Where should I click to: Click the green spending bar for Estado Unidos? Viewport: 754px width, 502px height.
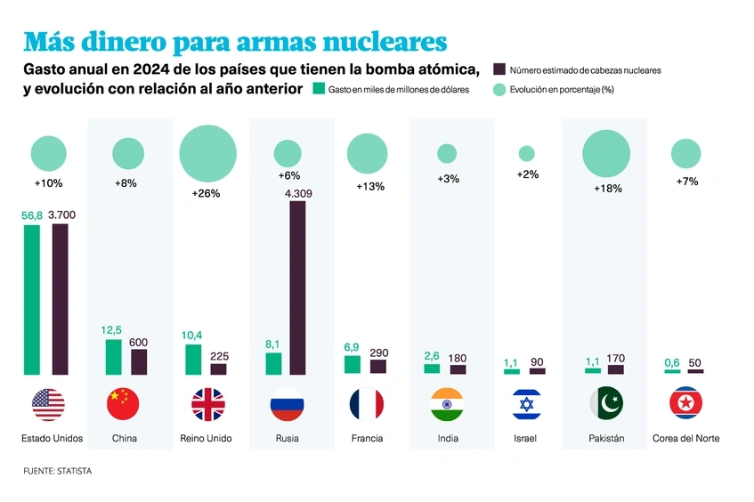[x=32, y=299]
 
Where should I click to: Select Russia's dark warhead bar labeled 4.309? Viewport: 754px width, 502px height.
[x=297, y=287]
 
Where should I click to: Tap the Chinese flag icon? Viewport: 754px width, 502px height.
[x=123, y=404]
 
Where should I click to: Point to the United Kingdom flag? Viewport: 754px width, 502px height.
[x=207, y=404]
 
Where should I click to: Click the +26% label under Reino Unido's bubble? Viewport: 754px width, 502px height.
[x=207, y=192]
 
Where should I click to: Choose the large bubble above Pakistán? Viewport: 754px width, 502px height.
[x=606, y=153]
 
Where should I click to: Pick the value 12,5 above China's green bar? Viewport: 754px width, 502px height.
[x=111, y=330]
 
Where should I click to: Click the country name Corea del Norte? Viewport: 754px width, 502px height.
[x=685, y=438]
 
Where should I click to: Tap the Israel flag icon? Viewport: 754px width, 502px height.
[x=526, y=404]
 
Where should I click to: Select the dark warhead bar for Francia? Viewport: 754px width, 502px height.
[x=378, y=366]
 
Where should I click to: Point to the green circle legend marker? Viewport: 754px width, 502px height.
[x=499, y=89]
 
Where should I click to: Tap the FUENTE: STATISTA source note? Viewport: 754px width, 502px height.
[x=57, y=471]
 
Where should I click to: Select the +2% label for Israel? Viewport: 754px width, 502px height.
[x=527, y=174]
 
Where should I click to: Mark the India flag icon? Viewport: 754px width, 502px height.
[x=447, y=404]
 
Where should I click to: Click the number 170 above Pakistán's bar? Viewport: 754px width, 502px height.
[x=615, y=359]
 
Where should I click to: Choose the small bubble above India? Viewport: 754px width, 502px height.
[x=447, y=153]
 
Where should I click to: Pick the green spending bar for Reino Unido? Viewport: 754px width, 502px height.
[x=192, y=359]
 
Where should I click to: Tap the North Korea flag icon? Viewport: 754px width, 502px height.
[x=685, y=404]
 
